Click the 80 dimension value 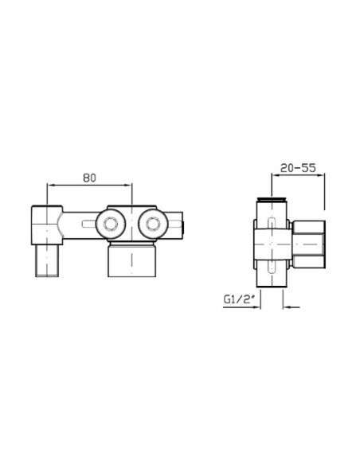(x=89, y=178)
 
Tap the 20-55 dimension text (x=298, y=168)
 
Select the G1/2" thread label (x=239, y=299)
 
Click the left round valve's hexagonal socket (x=111, y=224)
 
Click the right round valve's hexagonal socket (x=153, y=224)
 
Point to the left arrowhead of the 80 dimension (x=51, y=185)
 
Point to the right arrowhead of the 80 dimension (x=128, y=185)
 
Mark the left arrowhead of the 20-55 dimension (x=276, y=175)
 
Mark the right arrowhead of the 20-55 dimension (x=320, y=175)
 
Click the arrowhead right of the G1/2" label (x=256, y=307)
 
